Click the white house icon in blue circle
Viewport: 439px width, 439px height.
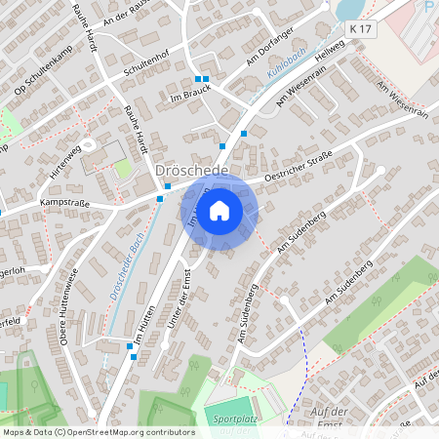(x=219, y=210)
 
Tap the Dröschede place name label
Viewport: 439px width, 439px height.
(x=191, y=171)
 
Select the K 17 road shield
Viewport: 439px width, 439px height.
(x=361, y=30)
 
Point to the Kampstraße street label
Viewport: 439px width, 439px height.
(x=63, y=202)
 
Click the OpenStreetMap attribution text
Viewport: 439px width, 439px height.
(x=99, y=431)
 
